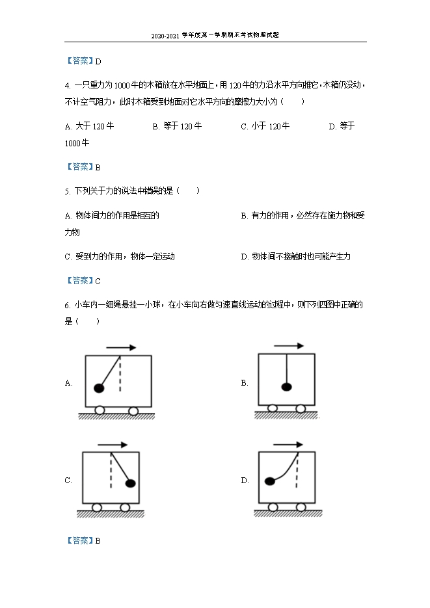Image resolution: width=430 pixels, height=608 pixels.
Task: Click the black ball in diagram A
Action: coord(99,388)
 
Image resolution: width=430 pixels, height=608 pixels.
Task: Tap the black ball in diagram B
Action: coord(286,388)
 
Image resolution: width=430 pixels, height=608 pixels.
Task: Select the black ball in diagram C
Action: coord(130,483)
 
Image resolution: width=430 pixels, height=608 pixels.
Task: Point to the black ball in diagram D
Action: coord(269,482)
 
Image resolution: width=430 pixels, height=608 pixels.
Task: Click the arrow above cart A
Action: coord(121,347)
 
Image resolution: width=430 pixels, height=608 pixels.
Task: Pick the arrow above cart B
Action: coord(289,346)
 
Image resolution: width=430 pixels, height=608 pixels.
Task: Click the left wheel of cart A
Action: coord(101,410)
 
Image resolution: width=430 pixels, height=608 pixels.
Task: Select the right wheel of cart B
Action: coord(301,408)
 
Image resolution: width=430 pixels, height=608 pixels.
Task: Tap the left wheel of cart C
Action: coord(96,507)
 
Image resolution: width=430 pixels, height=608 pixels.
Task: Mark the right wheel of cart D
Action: coord(301,507)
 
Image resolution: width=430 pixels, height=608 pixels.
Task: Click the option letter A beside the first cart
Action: coord(68,384)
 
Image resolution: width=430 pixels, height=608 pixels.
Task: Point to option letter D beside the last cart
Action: coord(245,481)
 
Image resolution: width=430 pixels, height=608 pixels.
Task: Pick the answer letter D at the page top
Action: coord(98,61)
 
